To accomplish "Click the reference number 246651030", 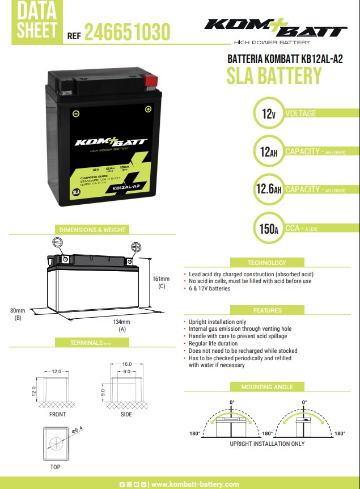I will (126, 32).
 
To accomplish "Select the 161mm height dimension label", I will (161, 279).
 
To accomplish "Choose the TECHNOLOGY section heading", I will (266, 263).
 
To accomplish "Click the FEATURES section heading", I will (267, 310).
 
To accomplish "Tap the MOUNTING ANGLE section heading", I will (267, 387).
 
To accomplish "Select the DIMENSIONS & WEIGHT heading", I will (92, 230).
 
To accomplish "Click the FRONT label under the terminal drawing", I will (57, 414).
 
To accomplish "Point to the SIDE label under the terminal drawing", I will (126, 414).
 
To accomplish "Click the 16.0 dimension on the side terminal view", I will (127, 364).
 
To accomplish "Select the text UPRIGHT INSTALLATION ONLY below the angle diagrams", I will (267, 444).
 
